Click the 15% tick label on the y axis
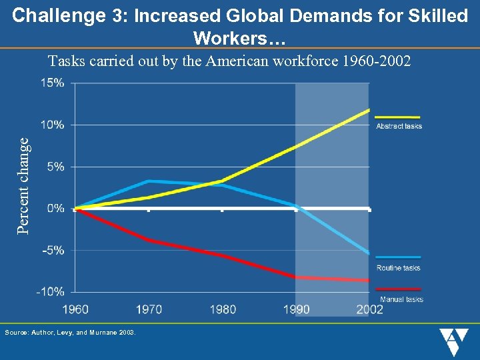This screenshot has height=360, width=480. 53,83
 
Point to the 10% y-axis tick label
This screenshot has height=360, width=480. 53,125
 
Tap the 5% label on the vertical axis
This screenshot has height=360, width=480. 56,167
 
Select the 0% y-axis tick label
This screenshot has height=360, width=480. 56,209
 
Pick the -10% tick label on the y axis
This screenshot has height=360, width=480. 52,291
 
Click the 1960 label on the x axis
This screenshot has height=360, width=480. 75,309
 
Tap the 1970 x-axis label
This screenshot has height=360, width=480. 148,309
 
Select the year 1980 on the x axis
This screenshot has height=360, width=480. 222,309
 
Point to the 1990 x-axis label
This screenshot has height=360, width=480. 296,309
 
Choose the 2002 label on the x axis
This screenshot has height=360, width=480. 369,309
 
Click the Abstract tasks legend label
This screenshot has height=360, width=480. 399,126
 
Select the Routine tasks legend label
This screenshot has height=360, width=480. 398,268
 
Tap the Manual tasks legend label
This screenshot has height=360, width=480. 401,299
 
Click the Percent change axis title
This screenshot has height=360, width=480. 23,185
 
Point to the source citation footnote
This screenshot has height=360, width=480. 70,332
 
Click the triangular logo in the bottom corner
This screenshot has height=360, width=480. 455,342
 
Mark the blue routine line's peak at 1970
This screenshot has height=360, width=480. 148,181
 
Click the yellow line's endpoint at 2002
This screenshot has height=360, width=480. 369,109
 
